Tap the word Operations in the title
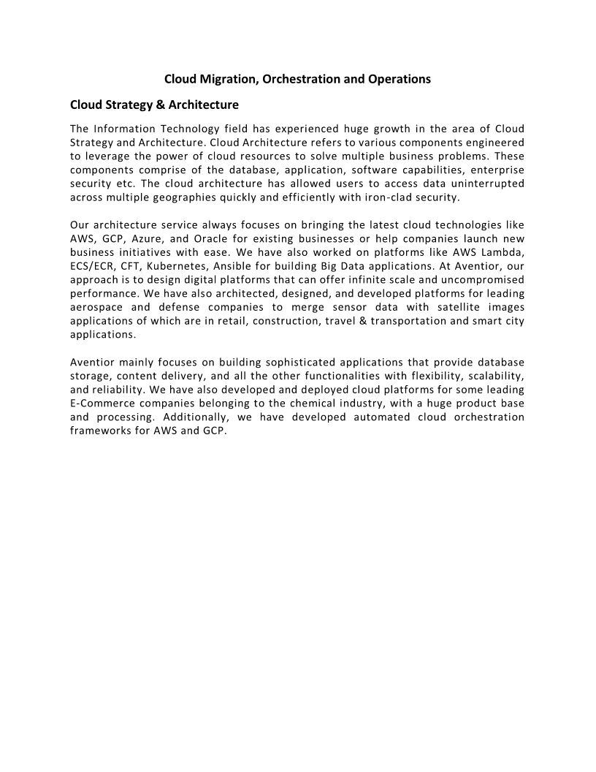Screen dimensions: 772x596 point(399,78)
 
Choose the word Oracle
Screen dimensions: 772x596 point(210,239)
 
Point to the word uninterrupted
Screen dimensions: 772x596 point(481,183)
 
